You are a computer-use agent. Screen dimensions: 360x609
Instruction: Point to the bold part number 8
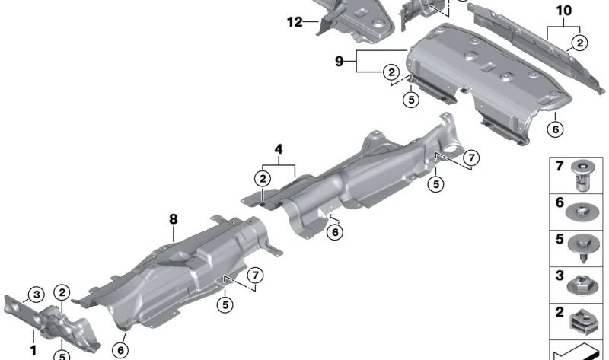click(174, 218)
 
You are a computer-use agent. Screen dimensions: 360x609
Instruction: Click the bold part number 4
click(279, 150)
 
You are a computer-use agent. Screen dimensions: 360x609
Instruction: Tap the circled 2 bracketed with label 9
click(391, 72)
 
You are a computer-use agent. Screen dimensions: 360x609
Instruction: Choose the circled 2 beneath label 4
click(263, 179)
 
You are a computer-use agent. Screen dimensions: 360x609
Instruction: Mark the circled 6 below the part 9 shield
click(555, 130)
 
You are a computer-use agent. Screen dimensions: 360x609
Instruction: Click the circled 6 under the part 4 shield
click(334, 231)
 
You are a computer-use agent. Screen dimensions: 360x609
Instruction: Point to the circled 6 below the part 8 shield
click(120, 349)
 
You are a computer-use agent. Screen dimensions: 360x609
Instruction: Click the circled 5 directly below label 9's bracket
click(411, 99)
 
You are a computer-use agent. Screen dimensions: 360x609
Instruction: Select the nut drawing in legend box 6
click(583, 211)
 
